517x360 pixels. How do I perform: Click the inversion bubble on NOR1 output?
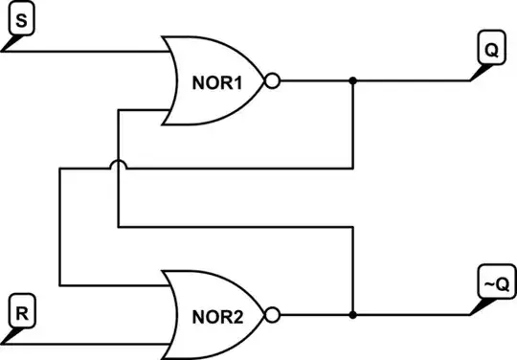pos(272,81)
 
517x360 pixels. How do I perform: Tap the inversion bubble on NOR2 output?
pos(272,314)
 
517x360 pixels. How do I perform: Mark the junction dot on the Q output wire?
pos(353,81)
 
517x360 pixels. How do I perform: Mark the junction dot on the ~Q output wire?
pos(353,314)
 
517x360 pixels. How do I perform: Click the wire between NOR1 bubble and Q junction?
pos(316,81)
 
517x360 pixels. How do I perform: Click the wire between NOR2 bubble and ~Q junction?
pos(316,314)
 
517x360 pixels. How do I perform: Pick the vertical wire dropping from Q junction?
pos(353,124)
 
